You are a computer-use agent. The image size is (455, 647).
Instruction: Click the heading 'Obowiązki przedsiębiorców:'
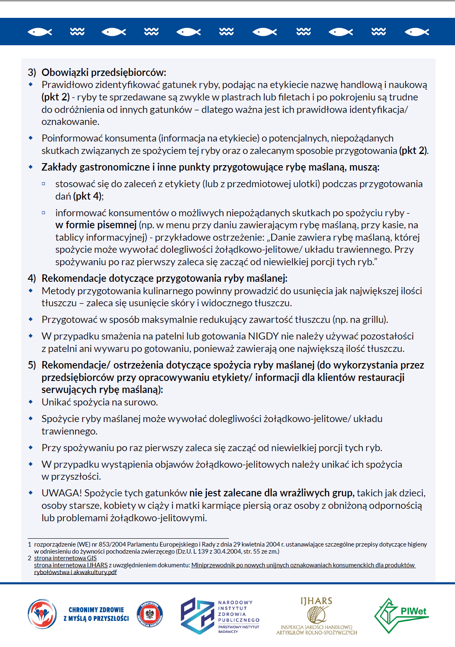coord(104,73)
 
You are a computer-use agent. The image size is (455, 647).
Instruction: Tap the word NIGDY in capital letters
coord(263,336)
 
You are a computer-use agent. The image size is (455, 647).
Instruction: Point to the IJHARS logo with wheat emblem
coord(316,616)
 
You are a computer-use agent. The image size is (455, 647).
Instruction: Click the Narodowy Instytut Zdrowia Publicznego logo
coord(220,616)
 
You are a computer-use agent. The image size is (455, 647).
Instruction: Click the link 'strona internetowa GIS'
coord(65,558)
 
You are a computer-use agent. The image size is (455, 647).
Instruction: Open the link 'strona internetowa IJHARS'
coord(71,565)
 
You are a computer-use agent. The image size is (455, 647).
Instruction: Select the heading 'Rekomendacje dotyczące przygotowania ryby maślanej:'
coord(164,278)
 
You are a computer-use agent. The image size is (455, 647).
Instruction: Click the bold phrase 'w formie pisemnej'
coord(96,225)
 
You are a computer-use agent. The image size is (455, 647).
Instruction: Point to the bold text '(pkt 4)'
coord(88,196)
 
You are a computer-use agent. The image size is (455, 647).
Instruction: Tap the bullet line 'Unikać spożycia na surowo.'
coord(100,402)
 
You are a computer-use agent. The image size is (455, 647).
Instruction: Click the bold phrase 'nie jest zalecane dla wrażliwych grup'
coord(272,493)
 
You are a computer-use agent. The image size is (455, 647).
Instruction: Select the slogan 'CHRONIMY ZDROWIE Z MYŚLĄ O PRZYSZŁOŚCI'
coord(96,614)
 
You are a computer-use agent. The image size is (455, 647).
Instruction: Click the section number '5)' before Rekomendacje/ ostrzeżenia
coord(32,365)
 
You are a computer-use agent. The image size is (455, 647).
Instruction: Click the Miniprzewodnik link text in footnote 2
coord(303,565)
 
